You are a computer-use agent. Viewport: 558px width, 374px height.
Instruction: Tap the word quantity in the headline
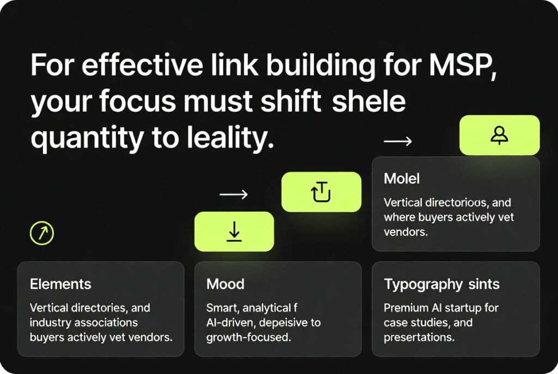(84, 139)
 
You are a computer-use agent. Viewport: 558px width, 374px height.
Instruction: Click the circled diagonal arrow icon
(42, 234)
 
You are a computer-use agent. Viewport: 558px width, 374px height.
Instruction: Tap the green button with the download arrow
(234, 231)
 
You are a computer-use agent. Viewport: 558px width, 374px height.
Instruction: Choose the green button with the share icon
(321, 192)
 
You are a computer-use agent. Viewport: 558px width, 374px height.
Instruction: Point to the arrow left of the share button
(233, 194)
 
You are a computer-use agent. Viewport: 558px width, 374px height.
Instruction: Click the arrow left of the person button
(398, 142)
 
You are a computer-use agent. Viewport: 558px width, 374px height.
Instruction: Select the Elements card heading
(60, 284)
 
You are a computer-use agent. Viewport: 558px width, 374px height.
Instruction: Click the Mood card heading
(225, 284)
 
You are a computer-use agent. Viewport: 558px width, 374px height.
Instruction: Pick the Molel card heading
(402, 179)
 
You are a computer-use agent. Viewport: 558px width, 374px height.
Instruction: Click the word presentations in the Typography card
(418, 337)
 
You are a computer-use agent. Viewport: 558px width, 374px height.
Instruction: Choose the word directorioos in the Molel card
(454, 203)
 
